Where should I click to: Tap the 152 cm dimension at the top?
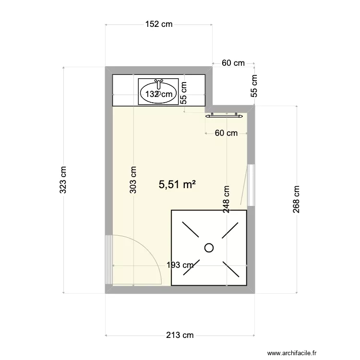(159, 24)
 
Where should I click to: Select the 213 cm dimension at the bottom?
(180, 335)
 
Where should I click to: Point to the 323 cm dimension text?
(63, 180)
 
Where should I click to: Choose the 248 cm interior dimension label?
(226, 199)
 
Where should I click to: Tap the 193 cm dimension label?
(180, 265)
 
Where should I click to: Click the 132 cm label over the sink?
(158, 95)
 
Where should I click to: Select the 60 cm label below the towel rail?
(226, 133)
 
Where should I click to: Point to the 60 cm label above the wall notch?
(233, 63)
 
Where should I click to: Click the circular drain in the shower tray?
(209, 248)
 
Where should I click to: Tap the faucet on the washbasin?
(158, 84)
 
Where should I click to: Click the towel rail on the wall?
(223, 115)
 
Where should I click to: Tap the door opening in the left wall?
(108, 259)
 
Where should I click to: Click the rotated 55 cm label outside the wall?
(254, 86)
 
